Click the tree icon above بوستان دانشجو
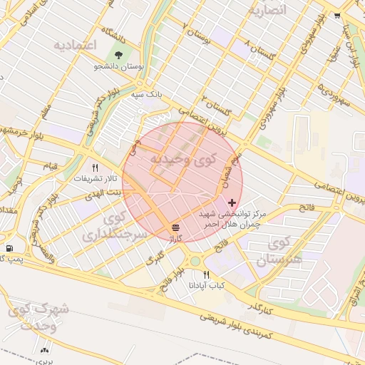tap(118, 54)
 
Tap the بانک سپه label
tap(150, 93)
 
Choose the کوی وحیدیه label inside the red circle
tap(181, 159)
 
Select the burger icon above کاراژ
tap(175, 227)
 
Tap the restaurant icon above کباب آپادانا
tap(207, 274)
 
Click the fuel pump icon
tap(9, 248)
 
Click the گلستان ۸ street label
tap(258, 54)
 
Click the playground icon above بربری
tap(46, 349)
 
